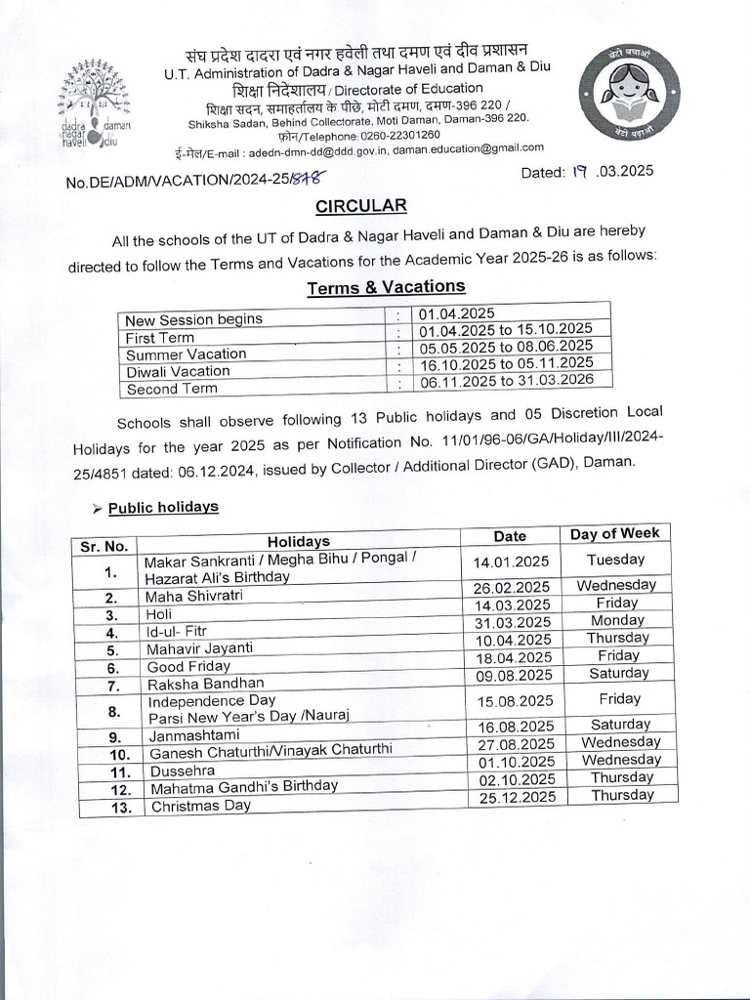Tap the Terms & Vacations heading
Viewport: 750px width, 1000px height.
click(x=386, y=287)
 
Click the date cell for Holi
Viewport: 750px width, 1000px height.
click(x=512, y=604)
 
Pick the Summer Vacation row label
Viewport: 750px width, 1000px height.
click(x=186, y=354)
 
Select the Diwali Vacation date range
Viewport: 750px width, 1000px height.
click(x=505, y=362)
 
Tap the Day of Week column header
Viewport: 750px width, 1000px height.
click(x=615, y=533)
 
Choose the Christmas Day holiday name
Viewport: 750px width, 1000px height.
click(x=200, y=806)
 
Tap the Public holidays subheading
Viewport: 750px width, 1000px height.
click(x=163, y=508)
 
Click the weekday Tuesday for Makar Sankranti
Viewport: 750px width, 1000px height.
click(x=615, y=560)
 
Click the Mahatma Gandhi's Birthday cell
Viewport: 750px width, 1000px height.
click(x=243, y=786)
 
